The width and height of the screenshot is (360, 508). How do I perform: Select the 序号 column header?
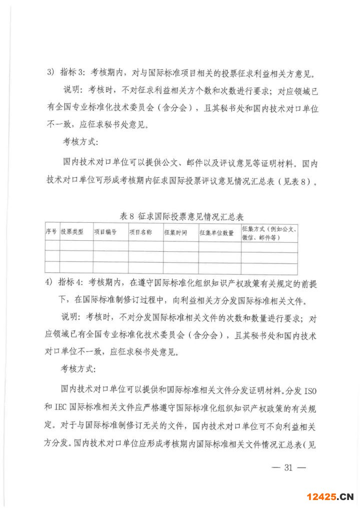[x=51, y=232]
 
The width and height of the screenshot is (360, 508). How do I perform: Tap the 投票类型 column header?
[x=72, y=232]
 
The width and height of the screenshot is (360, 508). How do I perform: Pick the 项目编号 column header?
[x=105, y=232]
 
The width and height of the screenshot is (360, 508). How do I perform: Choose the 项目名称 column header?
[x=140, y=232]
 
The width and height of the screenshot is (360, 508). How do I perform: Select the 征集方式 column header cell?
[x=269, y=232]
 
